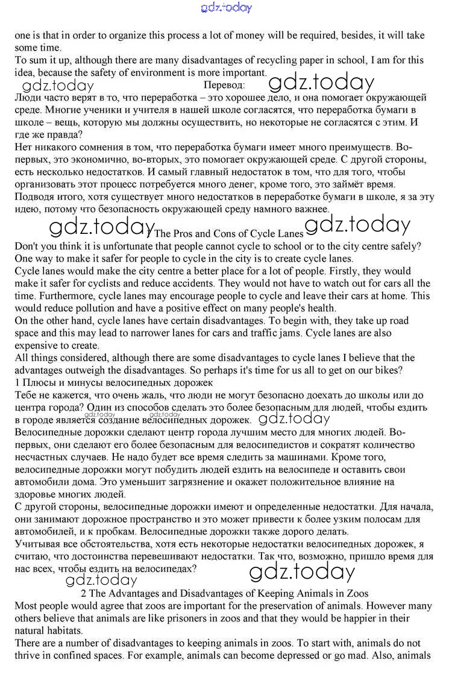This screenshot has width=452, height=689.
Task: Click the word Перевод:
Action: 225,85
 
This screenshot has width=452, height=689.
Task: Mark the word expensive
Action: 36,345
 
